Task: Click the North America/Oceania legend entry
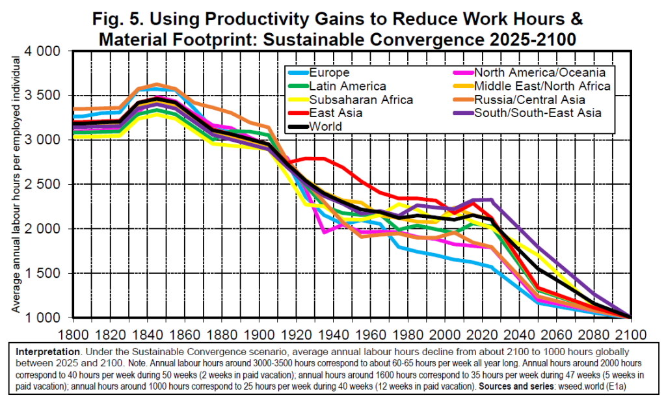tap(540, 72)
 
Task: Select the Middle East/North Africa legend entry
tap(542, 86)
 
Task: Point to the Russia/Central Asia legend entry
tap(529, 100)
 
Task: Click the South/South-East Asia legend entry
tap(537, 113)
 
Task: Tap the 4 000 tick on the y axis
tap(42, 51)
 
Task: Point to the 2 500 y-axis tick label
tap(42, 185)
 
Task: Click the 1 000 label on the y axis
tap(42, 318)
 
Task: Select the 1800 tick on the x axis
tap(72, 332)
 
